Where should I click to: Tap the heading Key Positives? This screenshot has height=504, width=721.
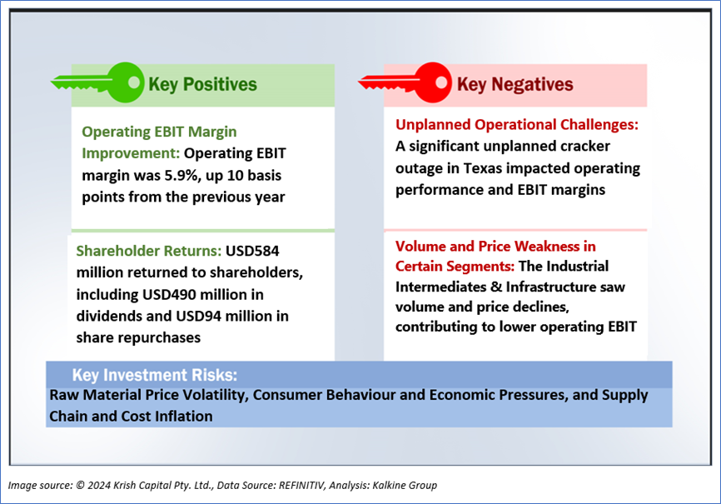[203, 85]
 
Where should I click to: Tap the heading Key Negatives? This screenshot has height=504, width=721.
[515, 85]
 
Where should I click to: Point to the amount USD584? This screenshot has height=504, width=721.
[252, 251]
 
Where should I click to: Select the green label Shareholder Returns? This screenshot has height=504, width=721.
[149, 251]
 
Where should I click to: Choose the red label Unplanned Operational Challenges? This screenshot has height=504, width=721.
[517, 125]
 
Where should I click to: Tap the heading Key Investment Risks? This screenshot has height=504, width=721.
[155, 375]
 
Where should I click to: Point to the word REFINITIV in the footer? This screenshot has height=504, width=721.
[301, 485]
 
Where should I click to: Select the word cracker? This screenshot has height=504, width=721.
[585, 147]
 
